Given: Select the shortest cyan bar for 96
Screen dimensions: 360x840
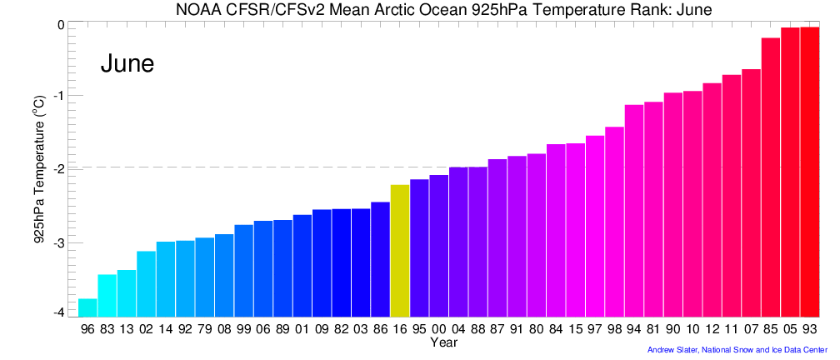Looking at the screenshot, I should tap(87, 307).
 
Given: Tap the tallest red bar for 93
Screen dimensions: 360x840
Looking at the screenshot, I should tap(809, 172).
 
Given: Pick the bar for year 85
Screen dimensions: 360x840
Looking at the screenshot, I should tap(770, 177).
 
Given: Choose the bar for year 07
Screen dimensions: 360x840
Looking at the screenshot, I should tap(751, 192).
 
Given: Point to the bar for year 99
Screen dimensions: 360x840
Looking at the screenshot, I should tap(243, 270).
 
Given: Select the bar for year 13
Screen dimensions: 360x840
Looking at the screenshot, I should tap(127, 292).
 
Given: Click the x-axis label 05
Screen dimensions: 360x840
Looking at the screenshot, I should tap(789, 330).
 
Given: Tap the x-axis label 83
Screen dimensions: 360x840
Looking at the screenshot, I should tap(107, 330).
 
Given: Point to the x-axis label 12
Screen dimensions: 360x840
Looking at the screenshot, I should tap(712, 330).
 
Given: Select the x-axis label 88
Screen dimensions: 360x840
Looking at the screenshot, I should tap(477, 330).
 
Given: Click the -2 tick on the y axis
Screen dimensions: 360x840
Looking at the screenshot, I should tap(59, 168).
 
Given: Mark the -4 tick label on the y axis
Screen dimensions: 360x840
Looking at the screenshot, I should tap(59, 312).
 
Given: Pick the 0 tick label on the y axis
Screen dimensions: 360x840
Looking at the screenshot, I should tap(61, 25).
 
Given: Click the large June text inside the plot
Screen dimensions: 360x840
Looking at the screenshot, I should tap(127, 63).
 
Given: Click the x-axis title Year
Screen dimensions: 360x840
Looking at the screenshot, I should tap(443, 342).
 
